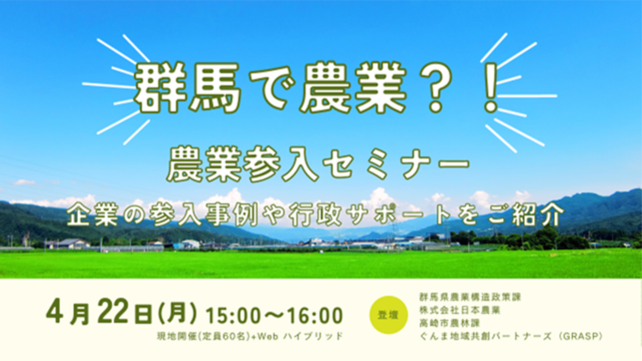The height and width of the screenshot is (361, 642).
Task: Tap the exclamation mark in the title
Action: (490, 88)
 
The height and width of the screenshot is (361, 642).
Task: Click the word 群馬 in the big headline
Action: (187, 88)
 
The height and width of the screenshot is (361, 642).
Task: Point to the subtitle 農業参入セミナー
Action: (318, 164)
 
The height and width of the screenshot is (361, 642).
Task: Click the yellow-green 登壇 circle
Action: (388, 315)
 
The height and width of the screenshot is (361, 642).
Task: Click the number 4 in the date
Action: (55, 314)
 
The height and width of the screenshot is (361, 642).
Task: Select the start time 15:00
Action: (233, 315)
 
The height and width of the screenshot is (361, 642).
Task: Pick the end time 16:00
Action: (315, 315)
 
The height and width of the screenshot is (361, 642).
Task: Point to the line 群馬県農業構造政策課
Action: (470, 297)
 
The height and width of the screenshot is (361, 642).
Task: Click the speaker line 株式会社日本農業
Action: (460, 310)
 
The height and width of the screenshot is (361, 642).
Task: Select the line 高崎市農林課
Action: (449, 323)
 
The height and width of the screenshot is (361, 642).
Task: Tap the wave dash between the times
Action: (274, 316)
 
